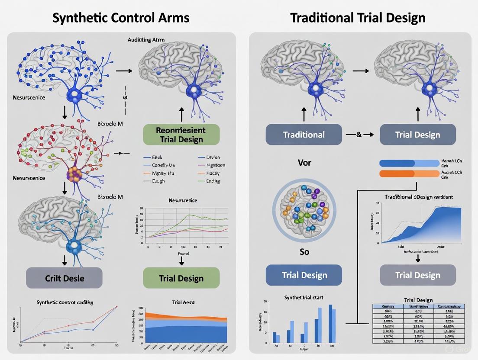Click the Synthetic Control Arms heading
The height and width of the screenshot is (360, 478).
tap(121, 18)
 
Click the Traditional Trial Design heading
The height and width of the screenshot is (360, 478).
tap(358, 18)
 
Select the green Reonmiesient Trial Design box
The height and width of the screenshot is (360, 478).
tap(181, 134)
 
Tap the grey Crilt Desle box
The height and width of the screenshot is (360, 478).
tap(65, 278)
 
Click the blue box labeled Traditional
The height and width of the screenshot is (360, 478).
tap(304, 134)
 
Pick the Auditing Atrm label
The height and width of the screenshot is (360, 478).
tap(146, 39)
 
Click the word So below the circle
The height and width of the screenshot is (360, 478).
tap(304, 252)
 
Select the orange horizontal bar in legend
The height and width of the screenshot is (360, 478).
tap(409, 174)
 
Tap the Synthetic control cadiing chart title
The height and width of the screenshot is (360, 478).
tap(65, 302)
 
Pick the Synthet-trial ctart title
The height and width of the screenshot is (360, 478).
tap(303, 298)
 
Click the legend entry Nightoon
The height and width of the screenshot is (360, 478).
tap(215, 165)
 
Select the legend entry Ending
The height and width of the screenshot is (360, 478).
tap(213, 181)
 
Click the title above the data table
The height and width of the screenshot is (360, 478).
tap(418, 300)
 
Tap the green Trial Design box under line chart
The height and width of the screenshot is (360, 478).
tap(181, 278)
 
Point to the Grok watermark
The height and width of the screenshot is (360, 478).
tap(463, 350)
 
